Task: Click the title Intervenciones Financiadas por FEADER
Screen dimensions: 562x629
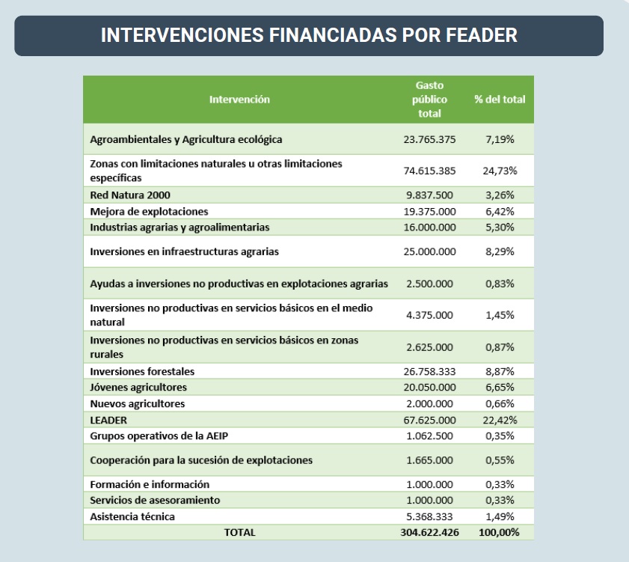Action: coord(308,36)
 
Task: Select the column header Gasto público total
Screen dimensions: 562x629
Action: coord(429,100)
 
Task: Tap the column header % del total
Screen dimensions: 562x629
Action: coord(500,100)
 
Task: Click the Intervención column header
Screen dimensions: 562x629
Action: coord(239,100)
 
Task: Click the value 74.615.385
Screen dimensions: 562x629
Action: coord(429,171)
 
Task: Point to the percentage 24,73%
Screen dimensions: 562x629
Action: coord(500,171)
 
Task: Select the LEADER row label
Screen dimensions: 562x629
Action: coord(108,420)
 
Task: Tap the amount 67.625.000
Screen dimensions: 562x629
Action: coord(429,420)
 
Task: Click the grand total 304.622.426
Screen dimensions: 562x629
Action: coord(429,532)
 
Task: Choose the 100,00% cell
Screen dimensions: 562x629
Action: coord(500,532)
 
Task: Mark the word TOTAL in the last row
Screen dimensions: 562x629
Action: coord(239,532)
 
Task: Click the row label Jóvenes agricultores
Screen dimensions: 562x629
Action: coord(138,387)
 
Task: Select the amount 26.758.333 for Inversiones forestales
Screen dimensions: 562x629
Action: coord(429,370)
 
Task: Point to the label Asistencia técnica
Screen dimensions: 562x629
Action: coord(132,516)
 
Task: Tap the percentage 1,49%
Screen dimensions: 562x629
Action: coord(500,516)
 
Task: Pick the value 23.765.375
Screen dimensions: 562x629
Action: coord(429,139)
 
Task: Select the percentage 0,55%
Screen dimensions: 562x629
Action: coord(500,460)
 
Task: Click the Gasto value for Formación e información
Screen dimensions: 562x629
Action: coord(429,484)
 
